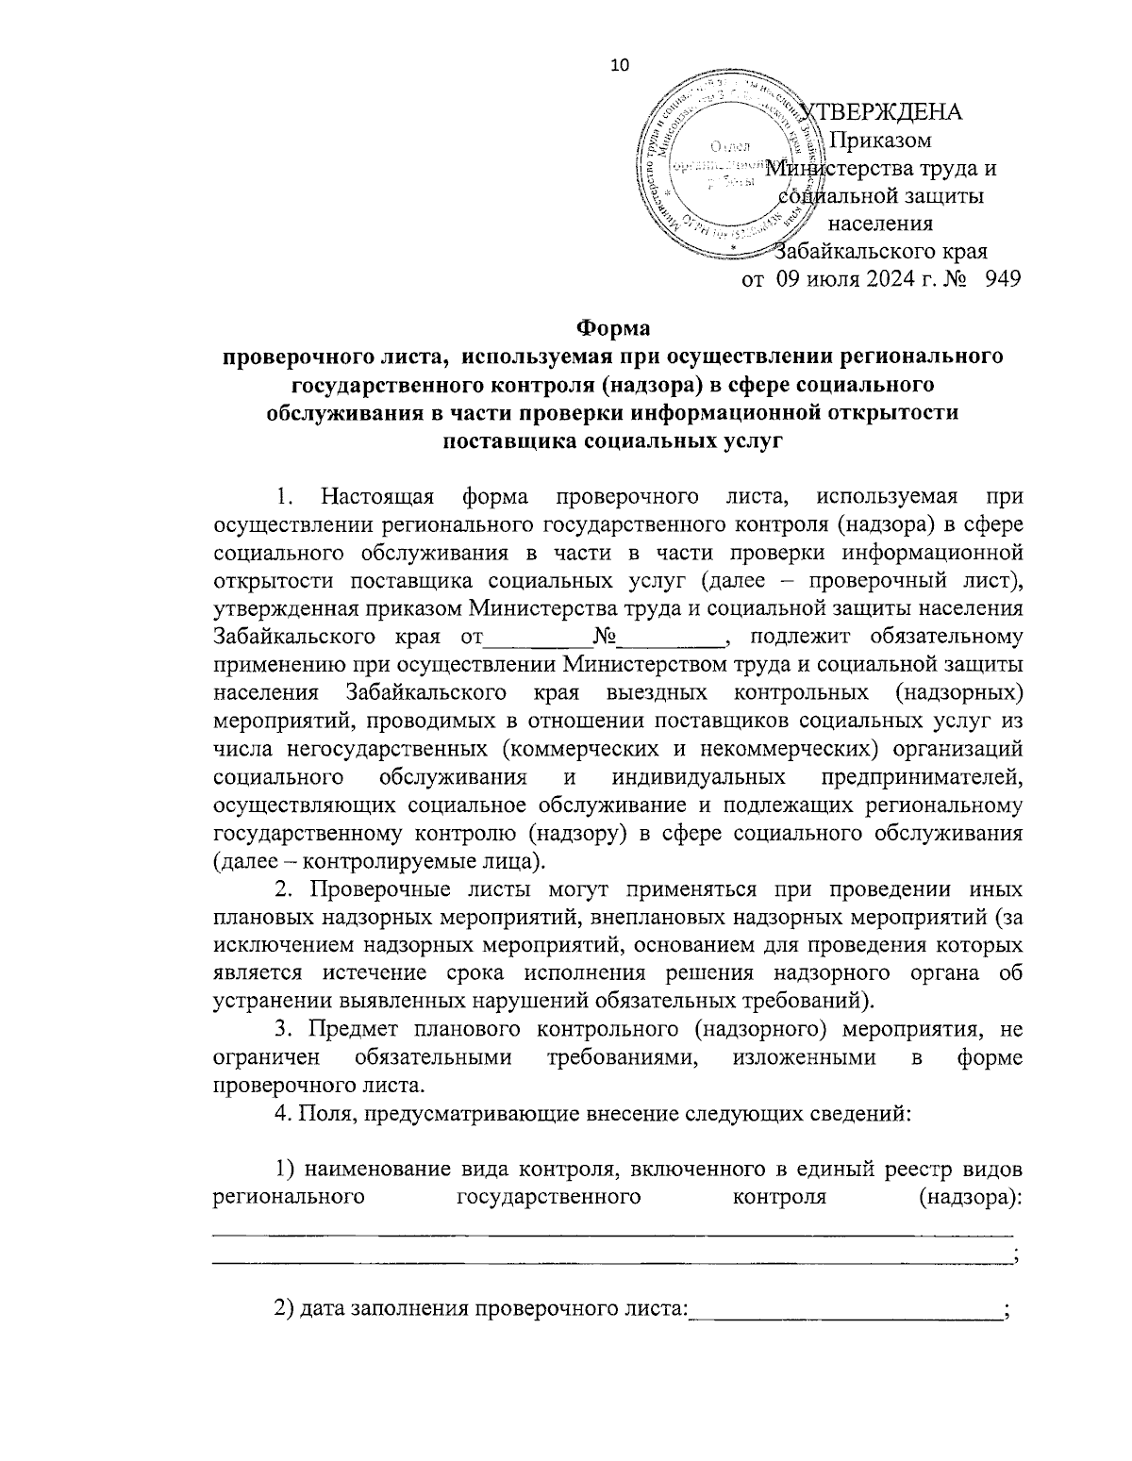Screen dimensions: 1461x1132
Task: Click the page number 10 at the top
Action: (620, 65)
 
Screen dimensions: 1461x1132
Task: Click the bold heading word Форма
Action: (613, 328)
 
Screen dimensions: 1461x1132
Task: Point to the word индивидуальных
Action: (699, 776)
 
